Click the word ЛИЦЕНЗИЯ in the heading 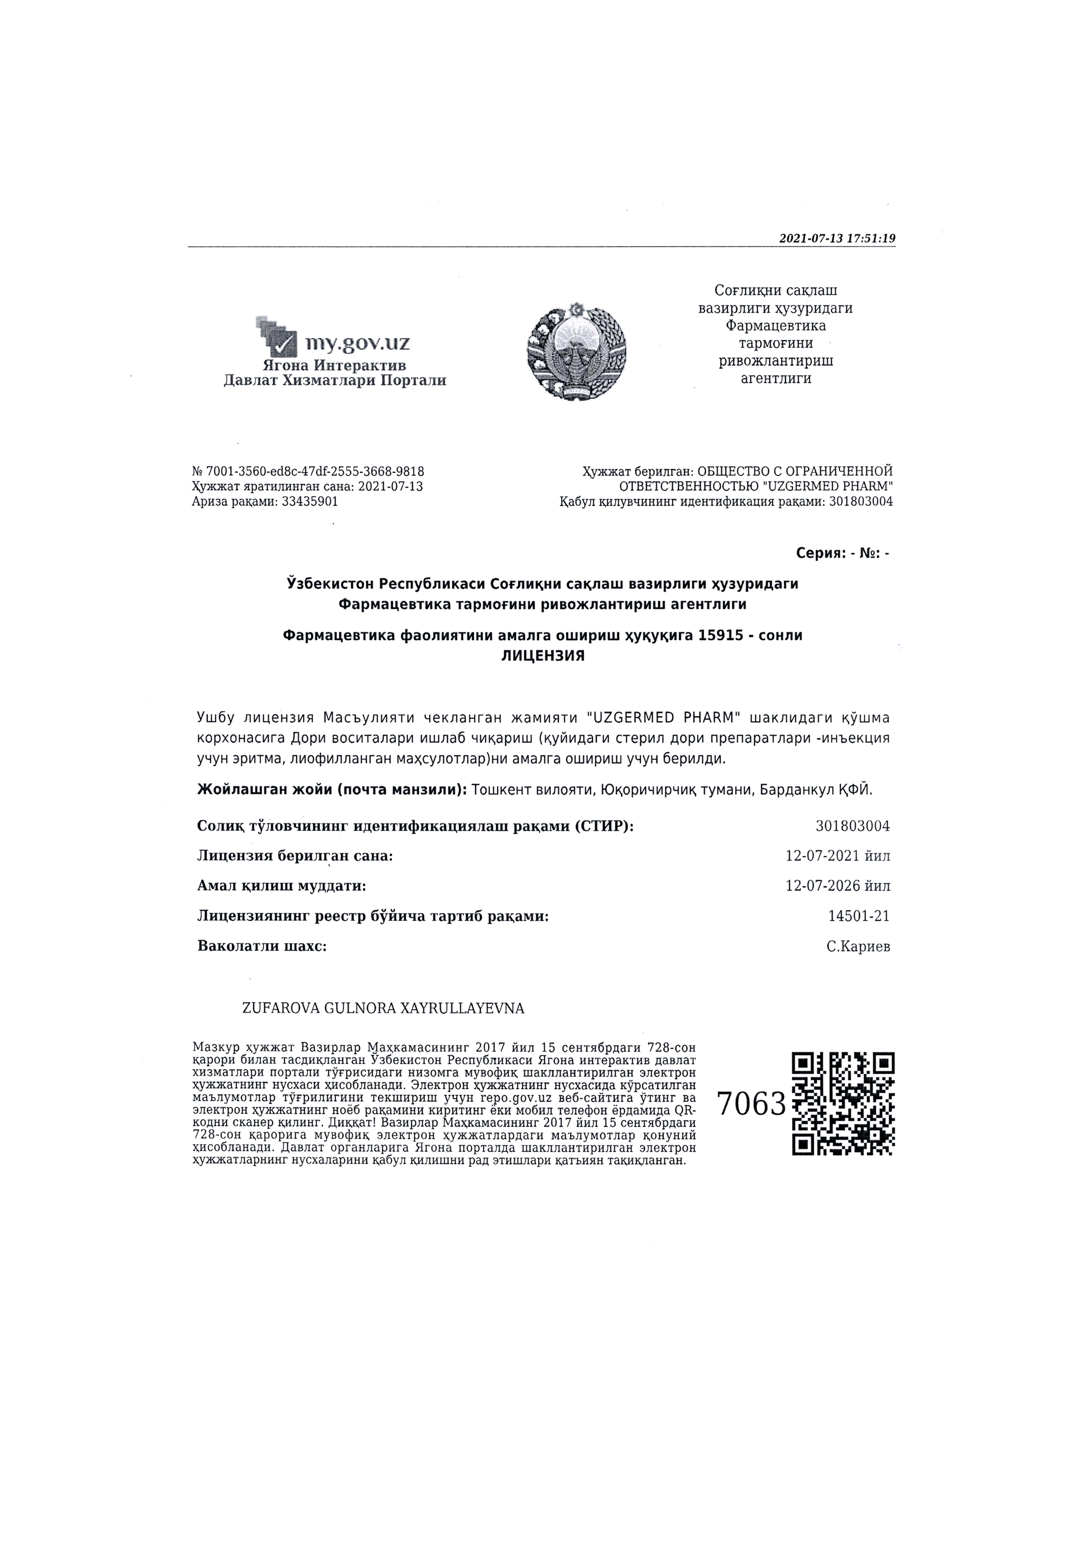point(543,656)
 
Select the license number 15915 point(721,635)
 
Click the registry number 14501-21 point(859,916)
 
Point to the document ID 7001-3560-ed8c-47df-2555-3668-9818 point(314,471)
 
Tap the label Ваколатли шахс point(262,946)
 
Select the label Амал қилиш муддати point(281,886)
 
